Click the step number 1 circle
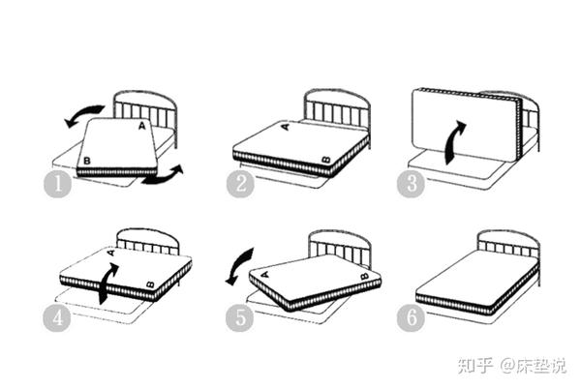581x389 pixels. (58, 184)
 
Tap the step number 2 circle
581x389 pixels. (240, 184)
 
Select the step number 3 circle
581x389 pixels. (411, 184)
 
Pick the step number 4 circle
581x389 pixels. (57, 318)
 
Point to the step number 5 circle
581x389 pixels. (240, 318)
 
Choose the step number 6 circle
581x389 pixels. (411, 318)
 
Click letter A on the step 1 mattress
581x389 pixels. (142, 126)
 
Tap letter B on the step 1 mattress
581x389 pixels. (87, 161)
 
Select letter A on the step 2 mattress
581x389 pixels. (286, 127)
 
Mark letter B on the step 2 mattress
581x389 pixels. (326, 160)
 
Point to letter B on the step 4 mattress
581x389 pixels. (150, 284)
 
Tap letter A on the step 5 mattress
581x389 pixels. (265, 275)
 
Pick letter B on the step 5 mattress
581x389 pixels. (365, 276)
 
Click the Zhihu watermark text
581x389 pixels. (511, 366)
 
